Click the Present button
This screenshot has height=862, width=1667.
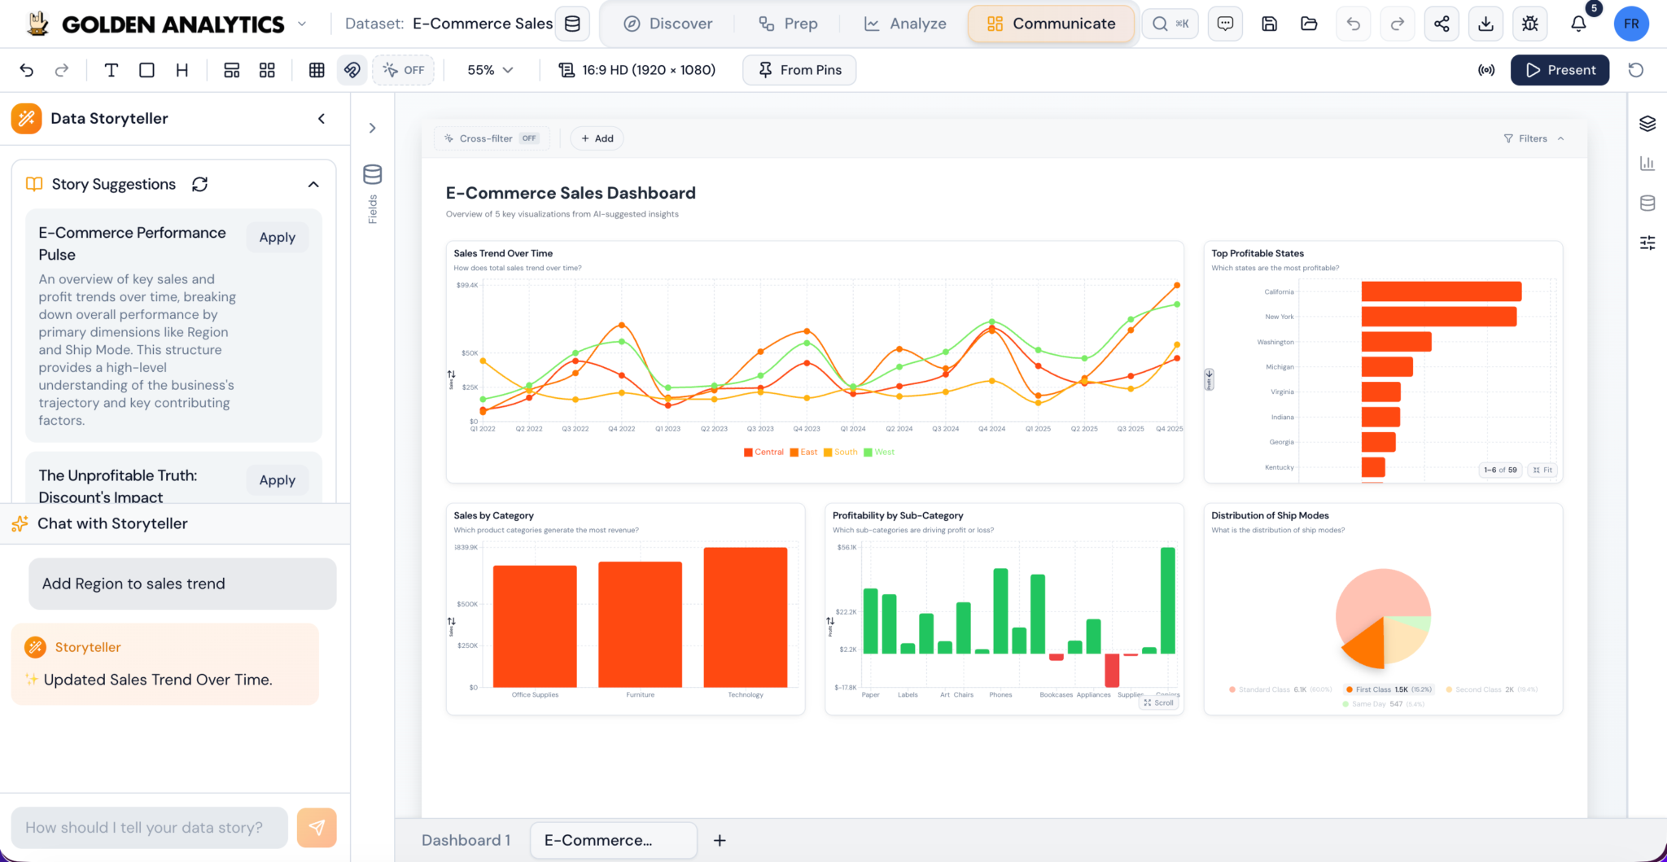1560,70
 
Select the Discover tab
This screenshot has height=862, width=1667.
667,24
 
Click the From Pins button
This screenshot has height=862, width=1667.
799,70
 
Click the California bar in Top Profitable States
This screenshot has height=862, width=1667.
1441,291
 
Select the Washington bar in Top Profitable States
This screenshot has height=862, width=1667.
1396,342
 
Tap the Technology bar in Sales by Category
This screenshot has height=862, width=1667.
745,617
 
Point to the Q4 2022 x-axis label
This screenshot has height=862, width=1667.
621,428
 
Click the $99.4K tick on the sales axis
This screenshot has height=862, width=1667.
467,286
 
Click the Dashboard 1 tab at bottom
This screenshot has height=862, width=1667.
466,840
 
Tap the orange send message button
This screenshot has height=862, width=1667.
317,827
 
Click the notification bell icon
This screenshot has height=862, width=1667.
1578,24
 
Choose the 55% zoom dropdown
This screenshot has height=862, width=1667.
489,70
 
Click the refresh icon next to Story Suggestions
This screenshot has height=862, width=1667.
199,184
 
